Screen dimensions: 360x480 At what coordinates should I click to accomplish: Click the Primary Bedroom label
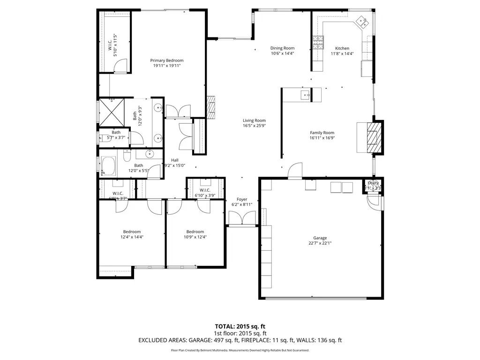point(166,60)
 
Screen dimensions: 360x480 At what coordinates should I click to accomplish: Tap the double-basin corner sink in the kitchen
point(363,21)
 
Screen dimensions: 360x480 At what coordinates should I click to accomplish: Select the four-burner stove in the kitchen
point(318,43)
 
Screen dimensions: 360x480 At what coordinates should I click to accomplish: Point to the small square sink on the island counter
point(307,95)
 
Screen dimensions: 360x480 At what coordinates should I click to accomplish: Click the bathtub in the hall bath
point(110,166)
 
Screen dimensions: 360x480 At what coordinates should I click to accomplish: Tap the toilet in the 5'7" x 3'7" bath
point(103,137)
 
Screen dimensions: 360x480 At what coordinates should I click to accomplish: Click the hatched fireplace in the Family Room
point(375,137)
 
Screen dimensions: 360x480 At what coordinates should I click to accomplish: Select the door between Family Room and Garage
point(295,171)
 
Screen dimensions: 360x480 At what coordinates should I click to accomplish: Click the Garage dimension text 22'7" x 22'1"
point(320,243)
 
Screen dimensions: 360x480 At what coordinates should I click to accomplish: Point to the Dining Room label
point(282,48)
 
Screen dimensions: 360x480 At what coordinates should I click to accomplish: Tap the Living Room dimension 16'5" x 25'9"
point(254,126)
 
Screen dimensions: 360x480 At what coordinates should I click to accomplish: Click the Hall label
point(174,160)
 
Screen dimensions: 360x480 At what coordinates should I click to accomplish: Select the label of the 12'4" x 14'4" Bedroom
point(132,232)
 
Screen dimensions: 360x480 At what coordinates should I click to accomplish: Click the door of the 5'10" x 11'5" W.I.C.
point(121,66)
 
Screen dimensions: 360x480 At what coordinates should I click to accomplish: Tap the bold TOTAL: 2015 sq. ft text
point(240,326)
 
